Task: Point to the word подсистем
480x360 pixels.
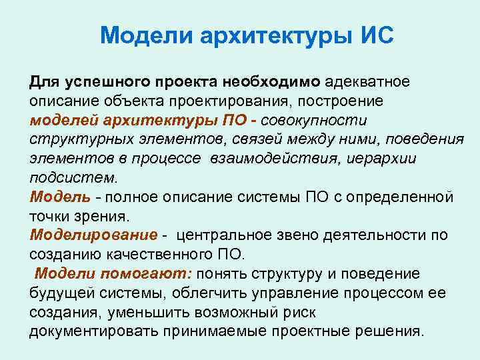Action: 72,178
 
